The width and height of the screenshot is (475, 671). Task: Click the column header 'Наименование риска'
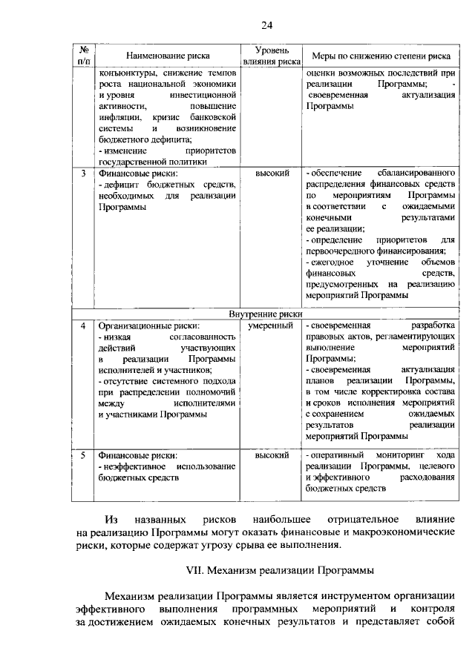(168, 56)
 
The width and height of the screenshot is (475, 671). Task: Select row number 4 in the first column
(82, 326)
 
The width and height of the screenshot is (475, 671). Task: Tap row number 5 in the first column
(82, 455)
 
